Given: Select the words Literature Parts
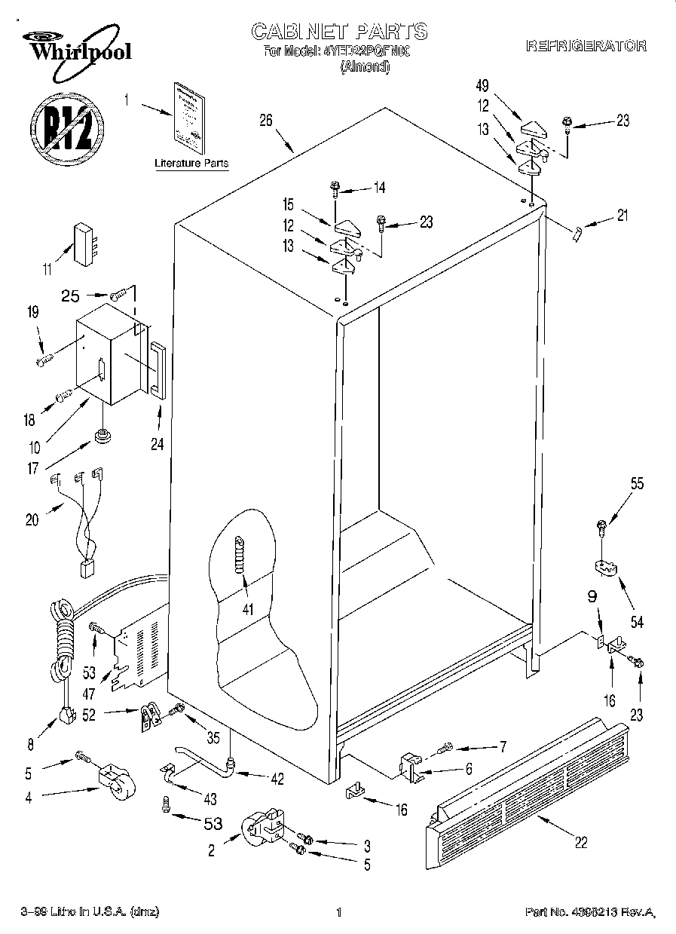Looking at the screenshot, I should click(x=191, y=163).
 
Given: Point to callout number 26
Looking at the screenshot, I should click(x=265, y=121).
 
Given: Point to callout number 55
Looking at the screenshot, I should click(x=637, y=485).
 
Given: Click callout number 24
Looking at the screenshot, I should click(x=157, y=444).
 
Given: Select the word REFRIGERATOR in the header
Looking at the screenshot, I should click(x=586, y=46).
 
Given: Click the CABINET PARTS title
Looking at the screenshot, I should click(x=338, y=31).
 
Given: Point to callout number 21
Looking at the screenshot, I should click(x=622, y=216).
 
